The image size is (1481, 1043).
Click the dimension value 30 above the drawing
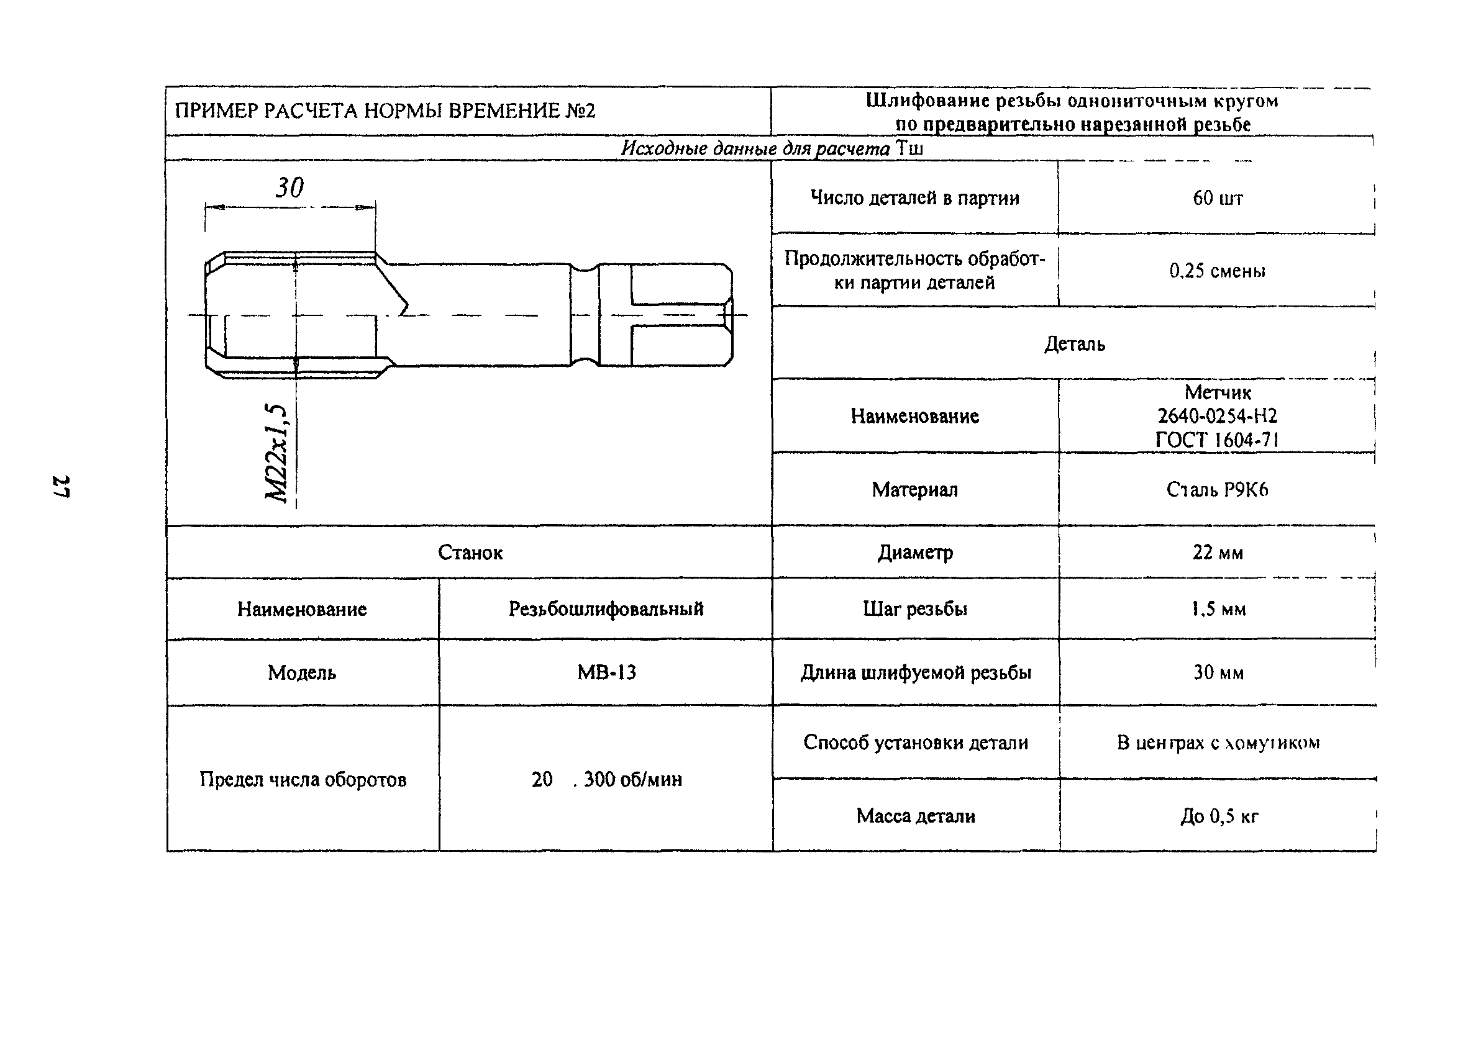(289, 188)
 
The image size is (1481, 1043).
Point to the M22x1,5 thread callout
(276, 453)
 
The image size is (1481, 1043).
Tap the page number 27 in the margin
(62, 487)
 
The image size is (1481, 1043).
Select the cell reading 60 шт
(1217, 198)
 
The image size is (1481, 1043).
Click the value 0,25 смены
(1217, 271)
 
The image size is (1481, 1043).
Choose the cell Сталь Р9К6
(1217, 490)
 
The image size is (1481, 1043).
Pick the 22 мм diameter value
(1217, 553)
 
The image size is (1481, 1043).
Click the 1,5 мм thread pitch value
(1217, 609)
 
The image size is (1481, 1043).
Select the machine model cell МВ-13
(606, 672)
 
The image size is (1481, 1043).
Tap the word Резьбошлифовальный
(606, 609)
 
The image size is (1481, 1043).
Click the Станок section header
(470, 553)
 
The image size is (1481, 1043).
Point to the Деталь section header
(1074, 343)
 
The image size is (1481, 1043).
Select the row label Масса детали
(915, 816)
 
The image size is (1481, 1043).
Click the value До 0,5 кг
(1218, 817)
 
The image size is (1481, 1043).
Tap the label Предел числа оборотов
(303, 779)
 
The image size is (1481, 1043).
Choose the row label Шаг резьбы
(914, 609)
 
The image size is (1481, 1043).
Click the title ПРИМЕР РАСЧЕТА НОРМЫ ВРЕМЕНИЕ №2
(385, 111)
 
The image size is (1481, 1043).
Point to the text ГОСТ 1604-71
(1217, 440)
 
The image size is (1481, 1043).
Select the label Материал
(914, 490)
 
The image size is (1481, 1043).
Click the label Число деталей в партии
(914, 198)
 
